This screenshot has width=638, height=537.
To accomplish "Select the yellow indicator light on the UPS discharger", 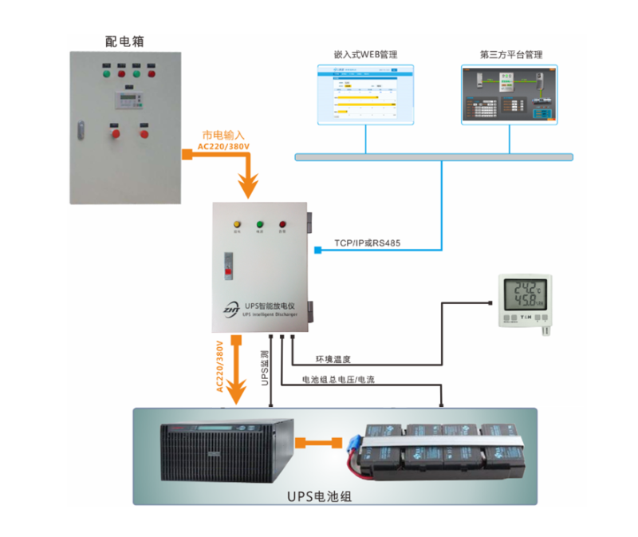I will [x=236, y=223].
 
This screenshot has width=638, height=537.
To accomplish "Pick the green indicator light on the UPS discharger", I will [x=259, y=223].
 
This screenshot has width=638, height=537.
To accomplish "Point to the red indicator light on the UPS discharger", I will [x=282, y=223].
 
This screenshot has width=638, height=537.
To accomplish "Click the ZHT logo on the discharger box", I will [x=232, y=307].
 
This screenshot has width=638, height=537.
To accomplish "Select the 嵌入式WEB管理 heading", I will [x=365, y=55].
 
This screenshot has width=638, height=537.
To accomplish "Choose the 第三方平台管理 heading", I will [x=510, y=55].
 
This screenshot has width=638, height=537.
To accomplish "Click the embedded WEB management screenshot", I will [x=366, y=94].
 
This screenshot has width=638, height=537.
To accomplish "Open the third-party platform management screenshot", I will [x=510, y=94].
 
